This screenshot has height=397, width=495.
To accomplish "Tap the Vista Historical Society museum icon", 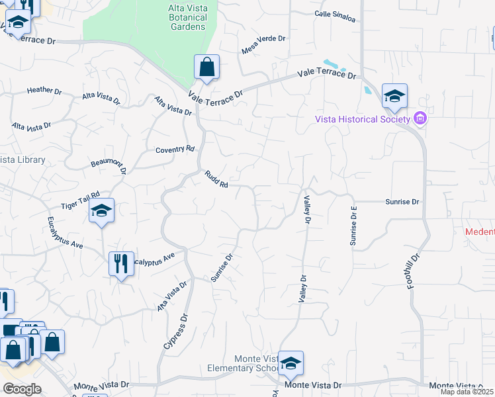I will coord(419,118).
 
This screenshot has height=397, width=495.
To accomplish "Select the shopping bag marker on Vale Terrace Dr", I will coord(206,67).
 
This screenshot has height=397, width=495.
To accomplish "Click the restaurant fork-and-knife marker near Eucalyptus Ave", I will coord(120,264).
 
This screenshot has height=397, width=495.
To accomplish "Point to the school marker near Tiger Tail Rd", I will coord(102,211).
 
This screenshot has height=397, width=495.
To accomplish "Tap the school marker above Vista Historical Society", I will coord(394,97).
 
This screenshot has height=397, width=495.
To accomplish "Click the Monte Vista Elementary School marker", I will coord(291,363).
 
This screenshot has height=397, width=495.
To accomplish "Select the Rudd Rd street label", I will coord(216,179).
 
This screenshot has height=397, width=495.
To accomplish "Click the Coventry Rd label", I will coord(175,150).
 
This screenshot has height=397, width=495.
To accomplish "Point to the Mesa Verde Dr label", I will coord(263,45).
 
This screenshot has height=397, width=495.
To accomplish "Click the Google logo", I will coord(22,389).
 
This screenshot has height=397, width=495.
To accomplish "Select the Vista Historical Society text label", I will coord(361,119).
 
